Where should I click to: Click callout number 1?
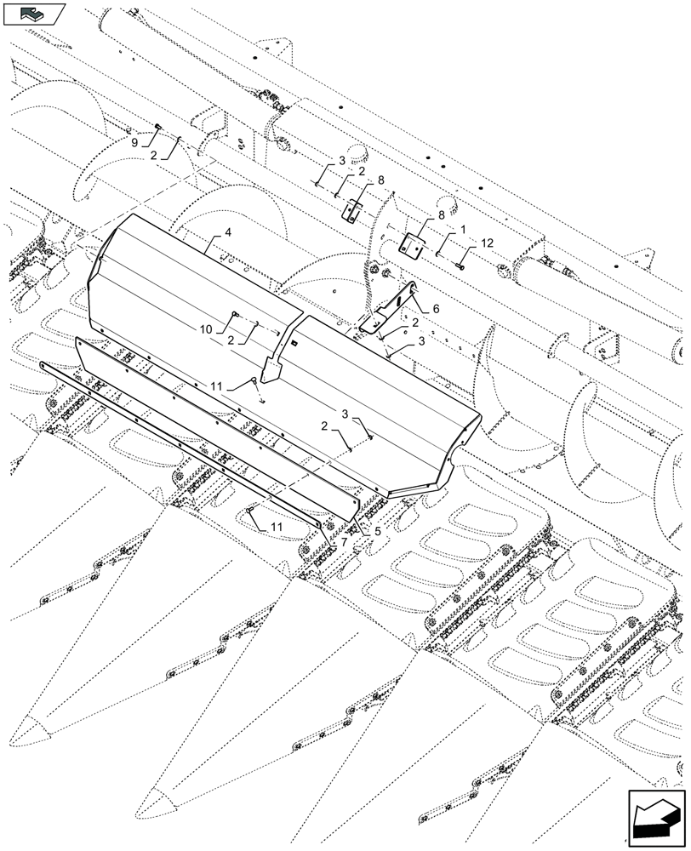click(463, 230)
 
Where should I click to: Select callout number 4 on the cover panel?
click(228, 231)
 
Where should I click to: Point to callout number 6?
click(437, 310)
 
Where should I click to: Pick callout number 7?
click(344, 543)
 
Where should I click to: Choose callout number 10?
click(207, 329)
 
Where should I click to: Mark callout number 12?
click(487, 243)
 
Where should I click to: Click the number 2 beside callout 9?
click(153, 156)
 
